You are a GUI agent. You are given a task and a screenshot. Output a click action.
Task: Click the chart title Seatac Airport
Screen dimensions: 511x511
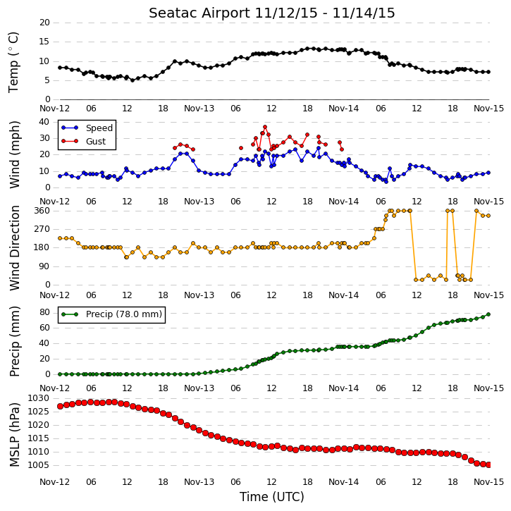click(x=200, y=13)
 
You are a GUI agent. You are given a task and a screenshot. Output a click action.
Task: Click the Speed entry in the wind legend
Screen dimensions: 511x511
click(x=87, y=128)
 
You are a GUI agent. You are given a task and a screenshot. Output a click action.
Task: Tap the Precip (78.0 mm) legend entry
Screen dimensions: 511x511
click(x=112, y=314)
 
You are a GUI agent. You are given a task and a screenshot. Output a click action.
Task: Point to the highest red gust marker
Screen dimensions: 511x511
click(x=265, y=127)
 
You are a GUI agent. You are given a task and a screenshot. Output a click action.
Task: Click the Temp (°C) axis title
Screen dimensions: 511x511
click(x=13, y=62)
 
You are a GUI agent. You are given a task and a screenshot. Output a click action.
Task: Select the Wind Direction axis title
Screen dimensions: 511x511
click(x=14, y=248)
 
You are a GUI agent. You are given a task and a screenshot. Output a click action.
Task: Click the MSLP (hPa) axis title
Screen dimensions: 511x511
click(x=14, y=434)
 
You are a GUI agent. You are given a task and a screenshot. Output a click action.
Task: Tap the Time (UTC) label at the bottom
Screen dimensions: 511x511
click(x=272, y=497)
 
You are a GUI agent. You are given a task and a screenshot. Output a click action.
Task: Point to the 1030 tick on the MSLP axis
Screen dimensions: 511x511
click(x=38, y=398)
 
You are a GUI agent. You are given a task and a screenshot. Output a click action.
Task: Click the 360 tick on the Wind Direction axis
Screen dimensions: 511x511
click(x=42, y=211)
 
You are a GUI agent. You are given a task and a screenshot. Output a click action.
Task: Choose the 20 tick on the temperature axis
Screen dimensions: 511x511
click(x=44, y=23)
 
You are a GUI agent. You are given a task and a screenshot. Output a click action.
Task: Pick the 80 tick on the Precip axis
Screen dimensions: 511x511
click(x=44, y=312)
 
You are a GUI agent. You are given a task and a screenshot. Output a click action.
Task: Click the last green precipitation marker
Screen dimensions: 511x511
click(x=488, y=314)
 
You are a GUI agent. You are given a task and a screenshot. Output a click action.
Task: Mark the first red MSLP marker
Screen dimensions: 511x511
click(x=60, y=407)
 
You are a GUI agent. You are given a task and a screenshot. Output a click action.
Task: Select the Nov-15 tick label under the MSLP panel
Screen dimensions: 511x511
click(x=488, y=482)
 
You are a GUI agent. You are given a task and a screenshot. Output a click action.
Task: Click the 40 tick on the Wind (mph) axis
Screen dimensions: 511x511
click(x=44, y=122)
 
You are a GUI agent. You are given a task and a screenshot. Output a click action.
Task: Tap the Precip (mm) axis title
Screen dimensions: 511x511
click(x=14, y=342)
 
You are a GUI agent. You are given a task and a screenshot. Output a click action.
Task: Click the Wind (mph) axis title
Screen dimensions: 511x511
click(x=14, y=155)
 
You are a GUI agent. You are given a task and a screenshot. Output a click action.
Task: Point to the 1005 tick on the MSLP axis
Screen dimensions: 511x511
click(x=38, y=465)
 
